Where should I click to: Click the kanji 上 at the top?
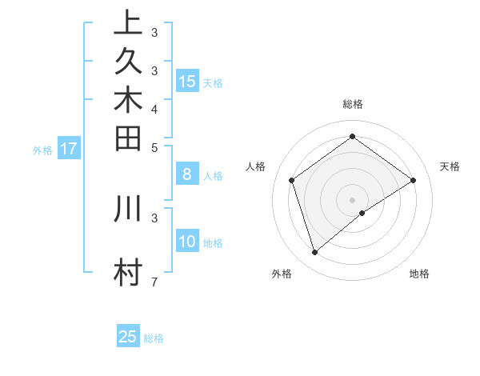pyautogui.click(x=128, y=22)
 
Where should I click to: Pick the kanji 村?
pyautogui.click(x=128, y=272)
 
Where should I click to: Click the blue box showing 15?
pyautogui.click(x=187, y=81)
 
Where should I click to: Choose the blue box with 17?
pyautogui.click(x=69, y=148)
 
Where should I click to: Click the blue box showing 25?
pyautogui.click(x=128, y=337)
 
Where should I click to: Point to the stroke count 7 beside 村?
pyautogui.click(x=154, y=282)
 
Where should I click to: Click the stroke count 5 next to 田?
pyautogui.click(x=154, y=147)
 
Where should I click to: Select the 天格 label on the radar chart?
pyautogui.click(x=450, y=166)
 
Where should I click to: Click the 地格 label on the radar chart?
pyautogui.click(x=419, y=274)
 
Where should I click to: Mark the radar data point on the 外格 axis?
pyautogui.click(x=314, y=253)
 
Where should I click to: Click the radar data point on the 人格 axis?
pyautogui.click(x=292, y=180)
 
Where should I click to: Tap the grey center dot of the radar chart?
pyautogui.click(x=352, y=199)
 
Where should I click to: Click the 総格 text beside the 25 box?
pyautogui.click(x=154, y=338)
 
